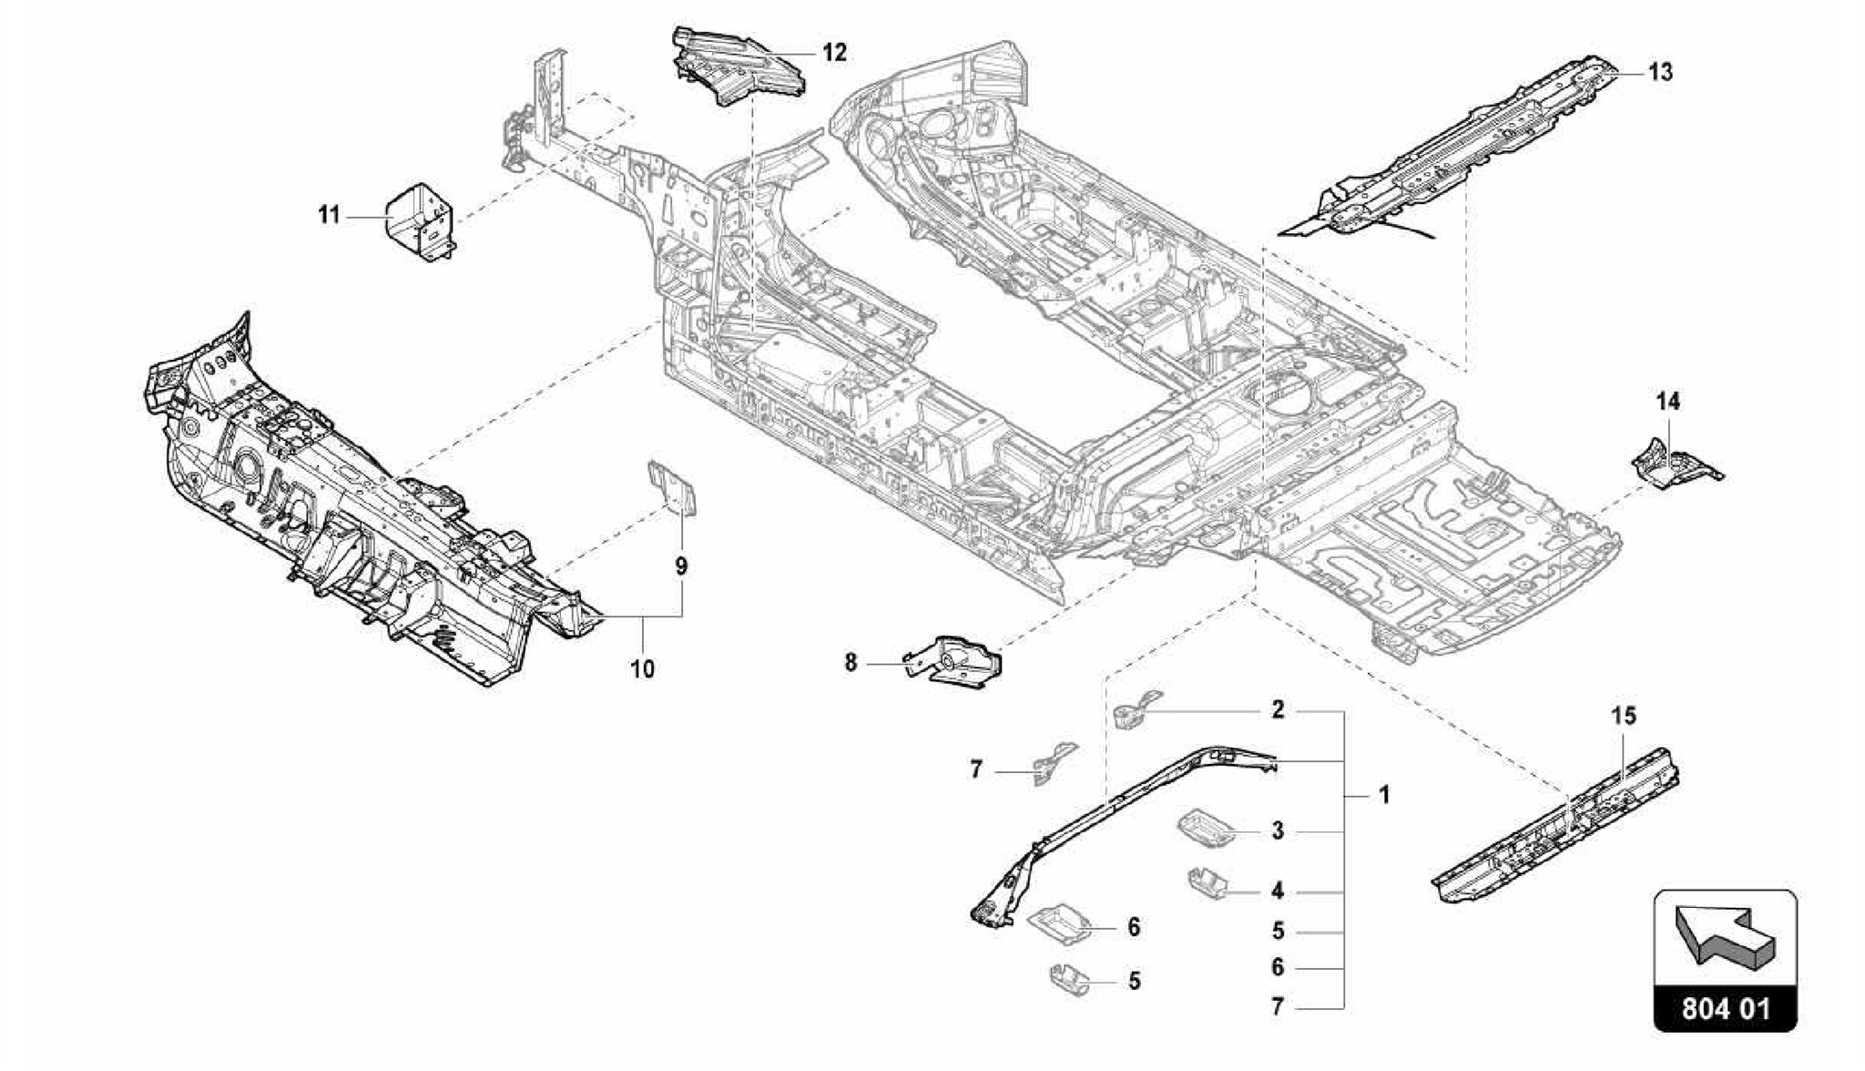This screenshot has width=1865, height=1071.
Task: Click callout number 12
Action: click(x=833, y=53)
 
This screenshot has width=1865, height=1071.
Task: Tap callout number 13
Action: click(x=1660, y=72)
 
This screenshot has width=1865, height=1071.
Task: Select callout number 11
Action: click(x=329, y=216)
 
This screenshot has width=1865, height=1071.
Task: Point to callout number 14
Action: click(x=1667, y=402)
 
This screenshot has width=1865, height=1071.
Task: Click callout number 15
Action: click(x=1624, y=716)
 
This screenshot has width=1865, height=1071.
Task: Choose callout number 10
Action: click(x=642, y=669)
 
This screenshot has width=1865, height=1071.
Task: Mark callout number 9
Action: click(x=681, y=566)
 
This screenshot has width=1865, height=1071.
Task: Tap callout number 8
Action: click(x=851, y=663)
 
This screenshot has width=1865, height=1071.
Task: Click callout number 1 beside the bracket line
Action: click(x=1383, y=795)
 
